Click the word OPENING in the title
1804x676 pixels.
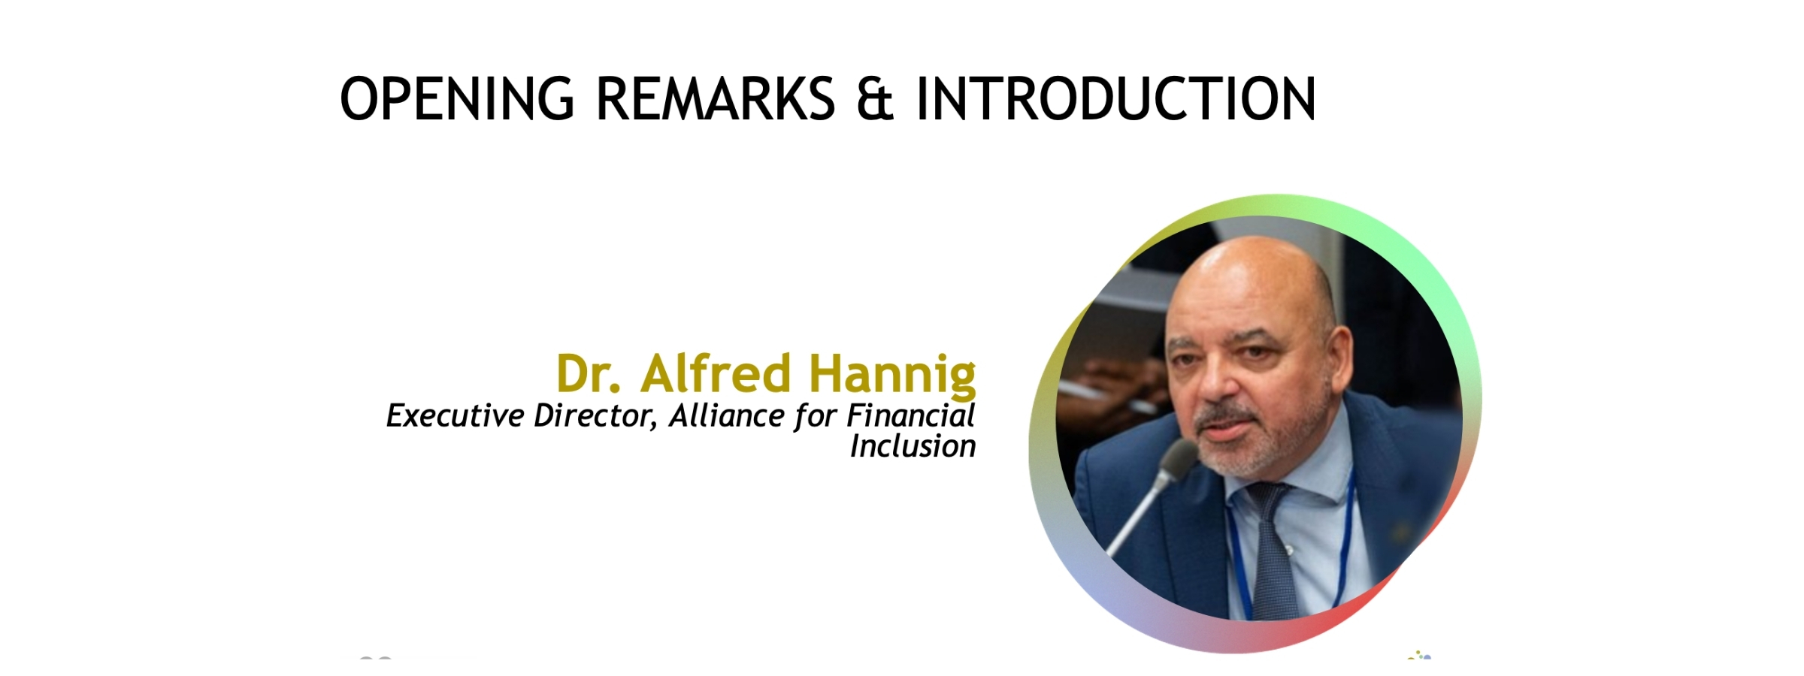tap(457, 98)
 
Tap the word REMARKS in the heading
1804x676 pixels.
tap(715, 98)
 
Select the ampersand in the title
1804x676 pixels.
tap(875, 98)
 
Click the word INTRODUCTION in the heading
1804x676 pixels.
tap(1115, 98)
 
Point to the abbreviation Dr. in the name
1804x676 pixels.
tap(589, 373)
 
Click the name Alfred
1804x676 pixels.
tap(716, 373)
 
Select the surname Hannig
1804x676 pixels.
tap(892, 376)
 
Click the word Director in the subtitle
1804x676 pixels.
tap(595, 416)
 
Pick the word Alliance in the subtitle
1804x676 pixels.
tap(727, 415)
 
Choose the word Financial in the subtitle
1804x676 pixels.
tap(911, 415)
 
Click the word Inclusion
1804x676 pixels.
tap(913, 446)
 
